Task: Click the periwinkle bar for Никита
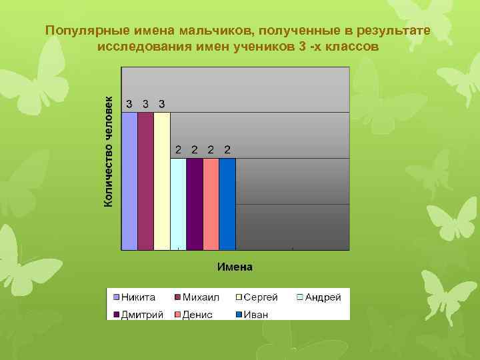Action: click(129, 181)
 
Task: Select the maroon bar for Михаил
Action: click(145, 181)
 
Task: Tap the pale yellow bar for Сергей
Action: click(162, 181)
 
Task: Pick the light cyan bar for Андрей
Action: click(178, 203)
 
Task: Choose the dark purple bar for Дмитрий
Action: click(195, 203)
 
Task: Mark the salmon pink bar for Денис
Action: click(211, 203)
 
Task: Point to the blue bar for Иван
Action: click(227, 203)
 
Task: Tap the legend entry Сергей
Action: click(261, 297)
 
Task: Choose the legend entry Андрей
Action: click(322, 297)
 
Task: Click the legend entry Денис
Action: click(197, 314)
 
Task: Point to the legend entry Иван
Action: click(255, 314)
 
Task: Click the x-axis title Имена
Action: click(235, 267)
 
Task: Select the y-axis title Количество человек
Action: click(109, 149)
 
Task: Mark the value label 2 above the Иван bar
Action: click(227, 149)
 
